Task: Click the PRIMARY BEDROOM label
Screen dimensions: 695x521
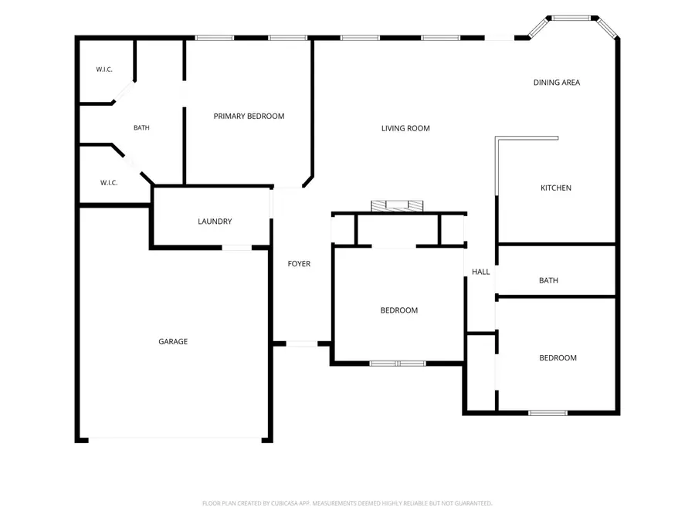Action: click(x=249, y=116)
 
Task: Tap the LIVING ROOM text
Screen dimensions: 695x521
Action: click(x=405, y=128)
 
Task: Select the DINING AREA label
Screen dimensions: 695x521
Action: click(x=557, y=83)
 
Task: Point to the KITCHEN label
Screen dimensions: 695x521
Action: click(x=556, y=188)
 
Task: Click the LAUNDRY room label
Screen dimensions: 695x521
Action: click(x=215, y=222)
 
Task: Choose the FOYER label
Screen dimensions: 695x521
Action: click(x=299, y=264)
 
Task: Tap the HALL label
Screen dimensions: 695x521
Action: click(x=481, y=272)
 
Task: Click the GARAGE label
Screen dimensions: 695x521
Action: click(x=173, y=342)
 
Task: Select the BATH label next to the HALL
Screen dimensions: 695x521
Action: click(x=549, y=280)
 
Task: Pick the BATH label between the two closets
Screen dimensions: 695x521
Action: click(x=141, y=128)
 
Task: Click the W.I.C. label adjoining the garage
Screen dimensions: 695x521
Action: click(x=109, y=183)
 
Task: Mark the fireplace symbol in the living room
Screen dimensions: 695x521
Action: click(x=397, y=206)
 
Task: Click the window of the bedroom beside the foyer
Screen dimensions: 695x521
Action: click(x=398, y=364)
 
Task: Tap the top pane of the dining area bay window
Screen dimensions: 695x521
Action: click(x=571, y=19)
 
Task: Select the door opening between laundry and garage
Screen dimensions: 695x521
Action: click(x=237, y=248)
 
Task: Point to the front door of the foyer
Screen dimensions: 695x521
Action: click(x=302, y=343)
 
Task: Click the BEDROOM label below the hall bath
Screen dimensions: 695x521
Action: click(x=558, y=358)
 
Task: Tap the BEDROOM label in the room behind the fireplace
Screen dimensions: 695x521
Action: click(x=399, y=310)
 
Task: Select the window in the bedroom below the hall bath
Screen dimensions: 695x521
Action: click(x=548, y=413)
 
